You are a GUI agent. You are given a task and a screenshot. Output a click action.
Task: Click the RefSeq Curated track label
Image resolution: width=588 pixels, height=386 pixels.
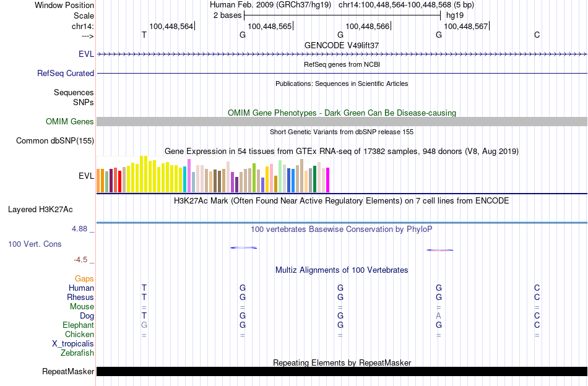(66, 73)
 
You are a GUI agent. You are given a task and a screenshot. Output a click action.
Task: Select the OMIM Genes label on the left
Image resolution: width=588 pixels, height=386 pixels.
(70, 121)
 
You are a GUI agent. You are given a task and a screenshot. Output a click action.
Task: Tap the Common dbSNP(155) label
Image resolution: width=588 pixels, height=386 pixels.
(55, 140)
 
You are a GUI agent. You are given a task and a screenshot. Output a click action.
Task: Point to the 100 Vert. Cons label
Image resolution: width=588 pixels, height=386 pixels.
(35, 244)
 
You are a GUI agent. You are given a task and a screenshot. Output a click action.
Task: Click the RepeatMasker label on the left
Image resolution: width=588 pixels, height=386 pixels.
(68, 372)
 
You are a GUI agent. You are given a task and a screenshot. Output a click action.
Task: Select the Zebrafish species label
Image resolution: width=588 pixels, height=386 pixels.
(77, 353)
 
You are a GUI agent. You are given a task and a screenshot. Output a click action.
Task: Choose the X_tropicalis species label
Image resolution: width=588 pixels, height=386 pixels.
(73, 344)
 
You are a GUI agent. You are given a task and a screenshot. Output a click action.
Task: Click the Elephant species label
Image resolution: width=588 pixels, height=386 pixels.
(78, 325)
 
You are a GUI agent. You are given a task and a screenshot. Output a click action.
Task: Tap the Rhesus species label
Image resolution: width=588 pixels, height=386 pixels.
(80, 297)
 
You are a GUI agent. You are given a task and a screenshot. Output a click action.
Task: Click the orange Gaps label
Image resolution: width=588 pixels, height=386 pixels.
(84, 278)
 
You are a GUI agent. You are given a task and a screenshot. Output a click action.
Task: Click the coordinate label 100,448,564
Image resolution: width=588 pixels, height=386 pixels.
(171, 26)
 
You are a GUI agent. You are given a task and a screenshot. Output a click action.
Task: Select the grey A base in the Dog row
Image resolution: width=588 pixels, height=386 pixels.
(438, 315)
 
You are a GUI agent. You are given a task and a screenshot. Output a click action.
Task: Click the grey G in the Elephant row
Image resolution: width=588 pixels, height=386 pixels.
(144, 325)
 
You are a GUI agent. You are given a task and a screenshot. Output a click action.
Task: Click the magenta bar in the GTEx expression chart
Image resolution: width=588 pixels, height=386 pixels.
(327, 180)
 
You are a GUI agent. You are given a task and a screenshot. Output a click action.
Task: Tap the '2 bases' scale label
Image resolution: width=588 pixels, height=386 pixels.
(227, 15)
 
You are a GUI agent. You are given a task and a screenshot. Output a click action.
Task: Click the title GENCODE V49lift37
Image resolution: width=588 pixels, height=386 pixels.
(342, 45)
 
